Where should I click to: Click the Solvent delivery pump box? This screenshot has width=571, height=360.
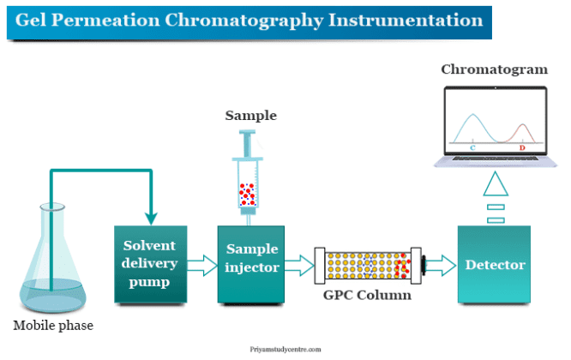click(150, 265)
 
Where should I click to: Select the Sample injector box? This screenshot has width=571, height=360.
click(251, 265)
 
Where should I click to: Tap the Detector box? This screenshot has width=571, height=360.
click(495, 265)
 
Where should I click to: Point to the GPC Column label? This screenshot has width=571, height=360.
click(368, 295)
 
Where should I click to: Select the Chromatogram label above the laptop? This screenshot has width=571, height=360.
click(494, 69)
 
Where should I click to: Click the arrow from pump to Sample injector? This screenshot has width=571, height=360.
click(201, 263)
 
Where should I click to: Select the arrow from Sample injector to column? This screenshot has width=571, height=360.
click(299, 263)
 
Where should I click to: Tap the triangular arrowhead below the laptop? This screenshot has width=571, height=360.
click(495, 183)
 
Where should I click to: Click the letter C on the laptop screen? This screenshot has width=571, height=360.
click(472, 147)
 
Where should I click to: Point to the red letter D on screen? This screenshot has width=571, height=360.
click(522, 147)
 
